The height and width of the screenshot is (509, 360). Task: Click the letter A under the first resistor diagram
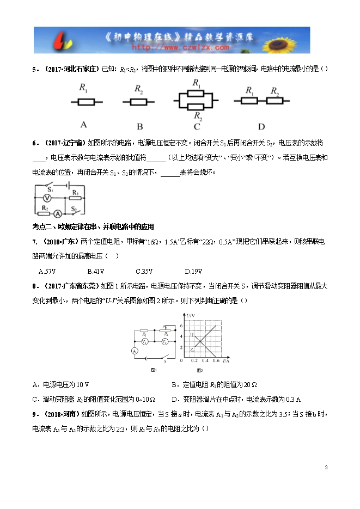(83, 123)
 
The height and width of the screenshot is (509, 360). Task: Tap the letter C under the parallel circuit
(197, 127)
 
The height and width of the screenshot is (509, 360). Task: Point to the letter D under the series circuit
(261, 127)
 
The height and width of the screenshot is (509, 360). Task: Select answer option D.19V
(193, 271)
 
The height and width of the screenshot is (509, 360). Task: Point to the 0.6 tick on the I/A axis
(216, 361)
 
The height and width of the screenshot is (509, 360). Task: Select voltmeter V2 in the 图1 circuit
(165, 341)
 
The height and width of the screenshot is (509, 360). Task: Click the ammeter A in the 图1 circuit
(133, 351)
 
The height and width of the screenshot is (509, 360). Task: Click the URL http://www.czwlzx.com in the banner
(180, 48)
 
